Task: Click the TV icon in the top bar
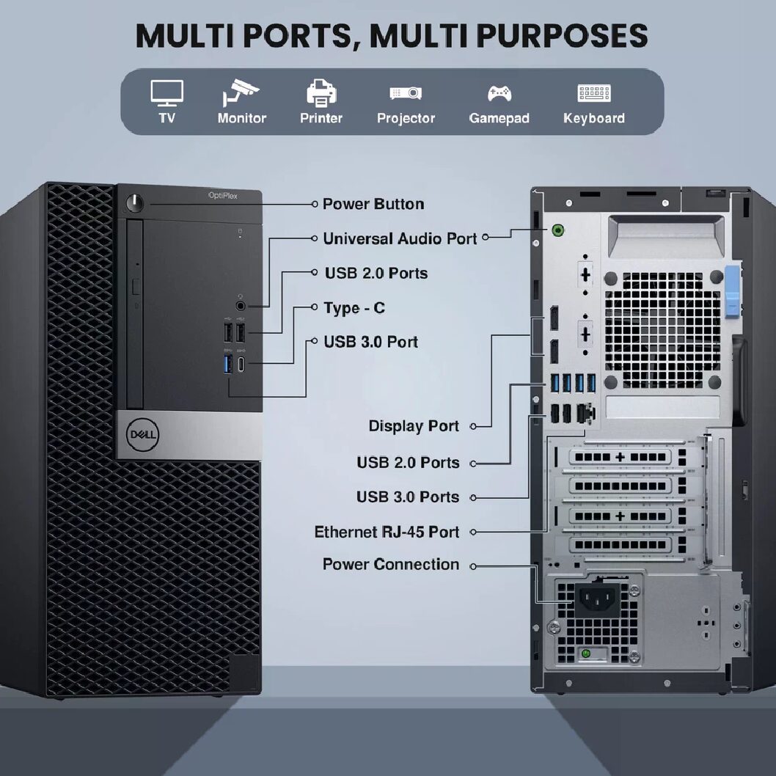[166, 92]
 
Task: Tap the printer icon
[321, 93]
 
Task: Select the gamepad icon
[499, 94]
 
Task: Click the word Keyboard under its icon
[593, 118]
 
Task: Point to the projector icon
[406, 93]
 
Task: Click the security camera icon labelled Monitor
[241, 93]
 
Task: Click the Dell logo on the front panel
[139, 433]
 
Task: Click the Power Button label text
[373, 204]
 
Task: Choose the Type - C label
[354, 308]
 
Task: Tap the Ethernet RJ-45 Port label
[387, 532]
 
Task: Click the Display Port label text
[414, 425]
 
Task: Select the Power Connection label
[391, 564]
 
